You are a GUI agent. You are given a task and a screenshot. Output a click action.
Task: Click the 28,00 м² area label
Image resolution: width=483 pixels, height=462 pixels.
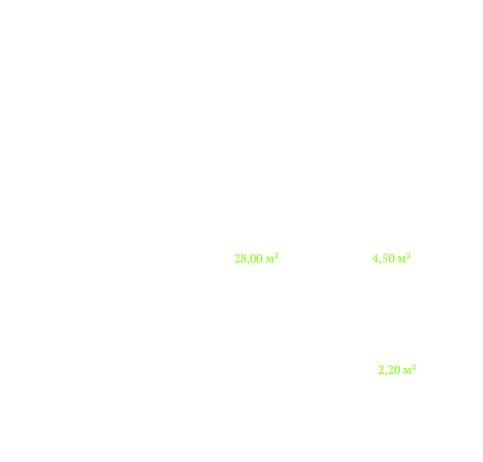tap(256, 259)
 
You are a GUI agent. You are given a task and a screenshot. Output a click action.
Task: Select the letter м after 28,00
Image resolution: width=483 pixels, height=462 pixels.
tap(270, 260)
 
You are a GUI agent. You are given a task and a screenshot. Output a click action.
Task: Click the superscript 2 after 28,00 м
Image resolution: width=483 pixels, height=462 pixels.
tap(276, 255)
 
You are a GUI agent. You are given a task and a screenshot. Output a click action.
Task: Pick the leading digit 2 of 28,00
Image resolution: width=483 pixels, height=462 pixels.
tap(237, 259)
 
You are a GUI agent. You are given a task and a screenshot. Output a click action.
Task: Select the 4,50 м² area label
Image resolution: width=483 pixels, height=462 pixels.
tap(391, 258)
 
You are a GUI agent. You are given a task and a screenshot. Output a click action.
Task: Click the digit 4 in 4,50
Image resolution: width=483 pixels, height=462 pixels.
tap(375, 258)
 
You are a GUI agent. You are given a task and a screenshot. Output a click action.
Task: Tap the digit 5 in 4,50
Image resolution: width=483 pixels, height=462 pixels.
tap(385, 258)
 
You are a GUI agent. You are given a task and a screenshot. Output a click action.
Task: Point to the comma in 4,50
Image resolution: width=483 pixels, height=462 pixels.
tap(380, 262)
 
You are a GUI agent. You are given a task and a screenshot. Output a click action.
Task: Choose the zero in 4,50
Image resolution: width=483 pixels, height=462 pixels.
tap(391, 258)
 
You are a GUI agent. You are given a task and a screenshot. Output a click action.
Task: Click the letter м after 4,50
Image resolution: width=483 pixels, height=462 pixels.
tap(402, 260)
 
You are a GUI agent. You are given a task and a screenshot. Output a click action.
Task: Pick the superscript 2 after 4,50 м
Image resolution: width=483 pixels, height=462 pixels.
tap(409, 255)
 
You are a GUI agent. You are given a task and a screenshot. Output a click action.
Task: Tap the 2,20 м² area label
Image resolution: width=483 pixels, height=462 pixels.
tap(397, 370)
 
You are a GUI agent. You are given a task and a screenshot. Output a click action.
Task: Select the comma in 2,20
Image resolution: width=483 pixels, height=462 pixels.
tap(386, 374)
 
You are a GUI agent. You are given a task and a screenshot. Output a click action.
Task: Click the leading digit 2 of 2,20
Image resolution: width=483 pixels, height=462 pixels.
tap(381, 370)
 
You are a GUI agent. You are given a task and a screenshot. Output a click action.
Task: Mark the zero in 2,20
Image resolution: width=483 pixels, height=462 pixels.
tap(397, 370)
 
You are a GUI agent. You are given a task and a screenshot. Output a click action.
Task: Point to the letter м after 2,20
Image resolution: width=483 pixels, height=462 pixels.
tap(407, 371)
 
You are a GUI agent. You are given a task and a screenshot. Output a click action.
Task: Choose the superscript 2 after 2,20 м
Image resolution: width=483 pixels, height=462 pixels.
tap(414, 366)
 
